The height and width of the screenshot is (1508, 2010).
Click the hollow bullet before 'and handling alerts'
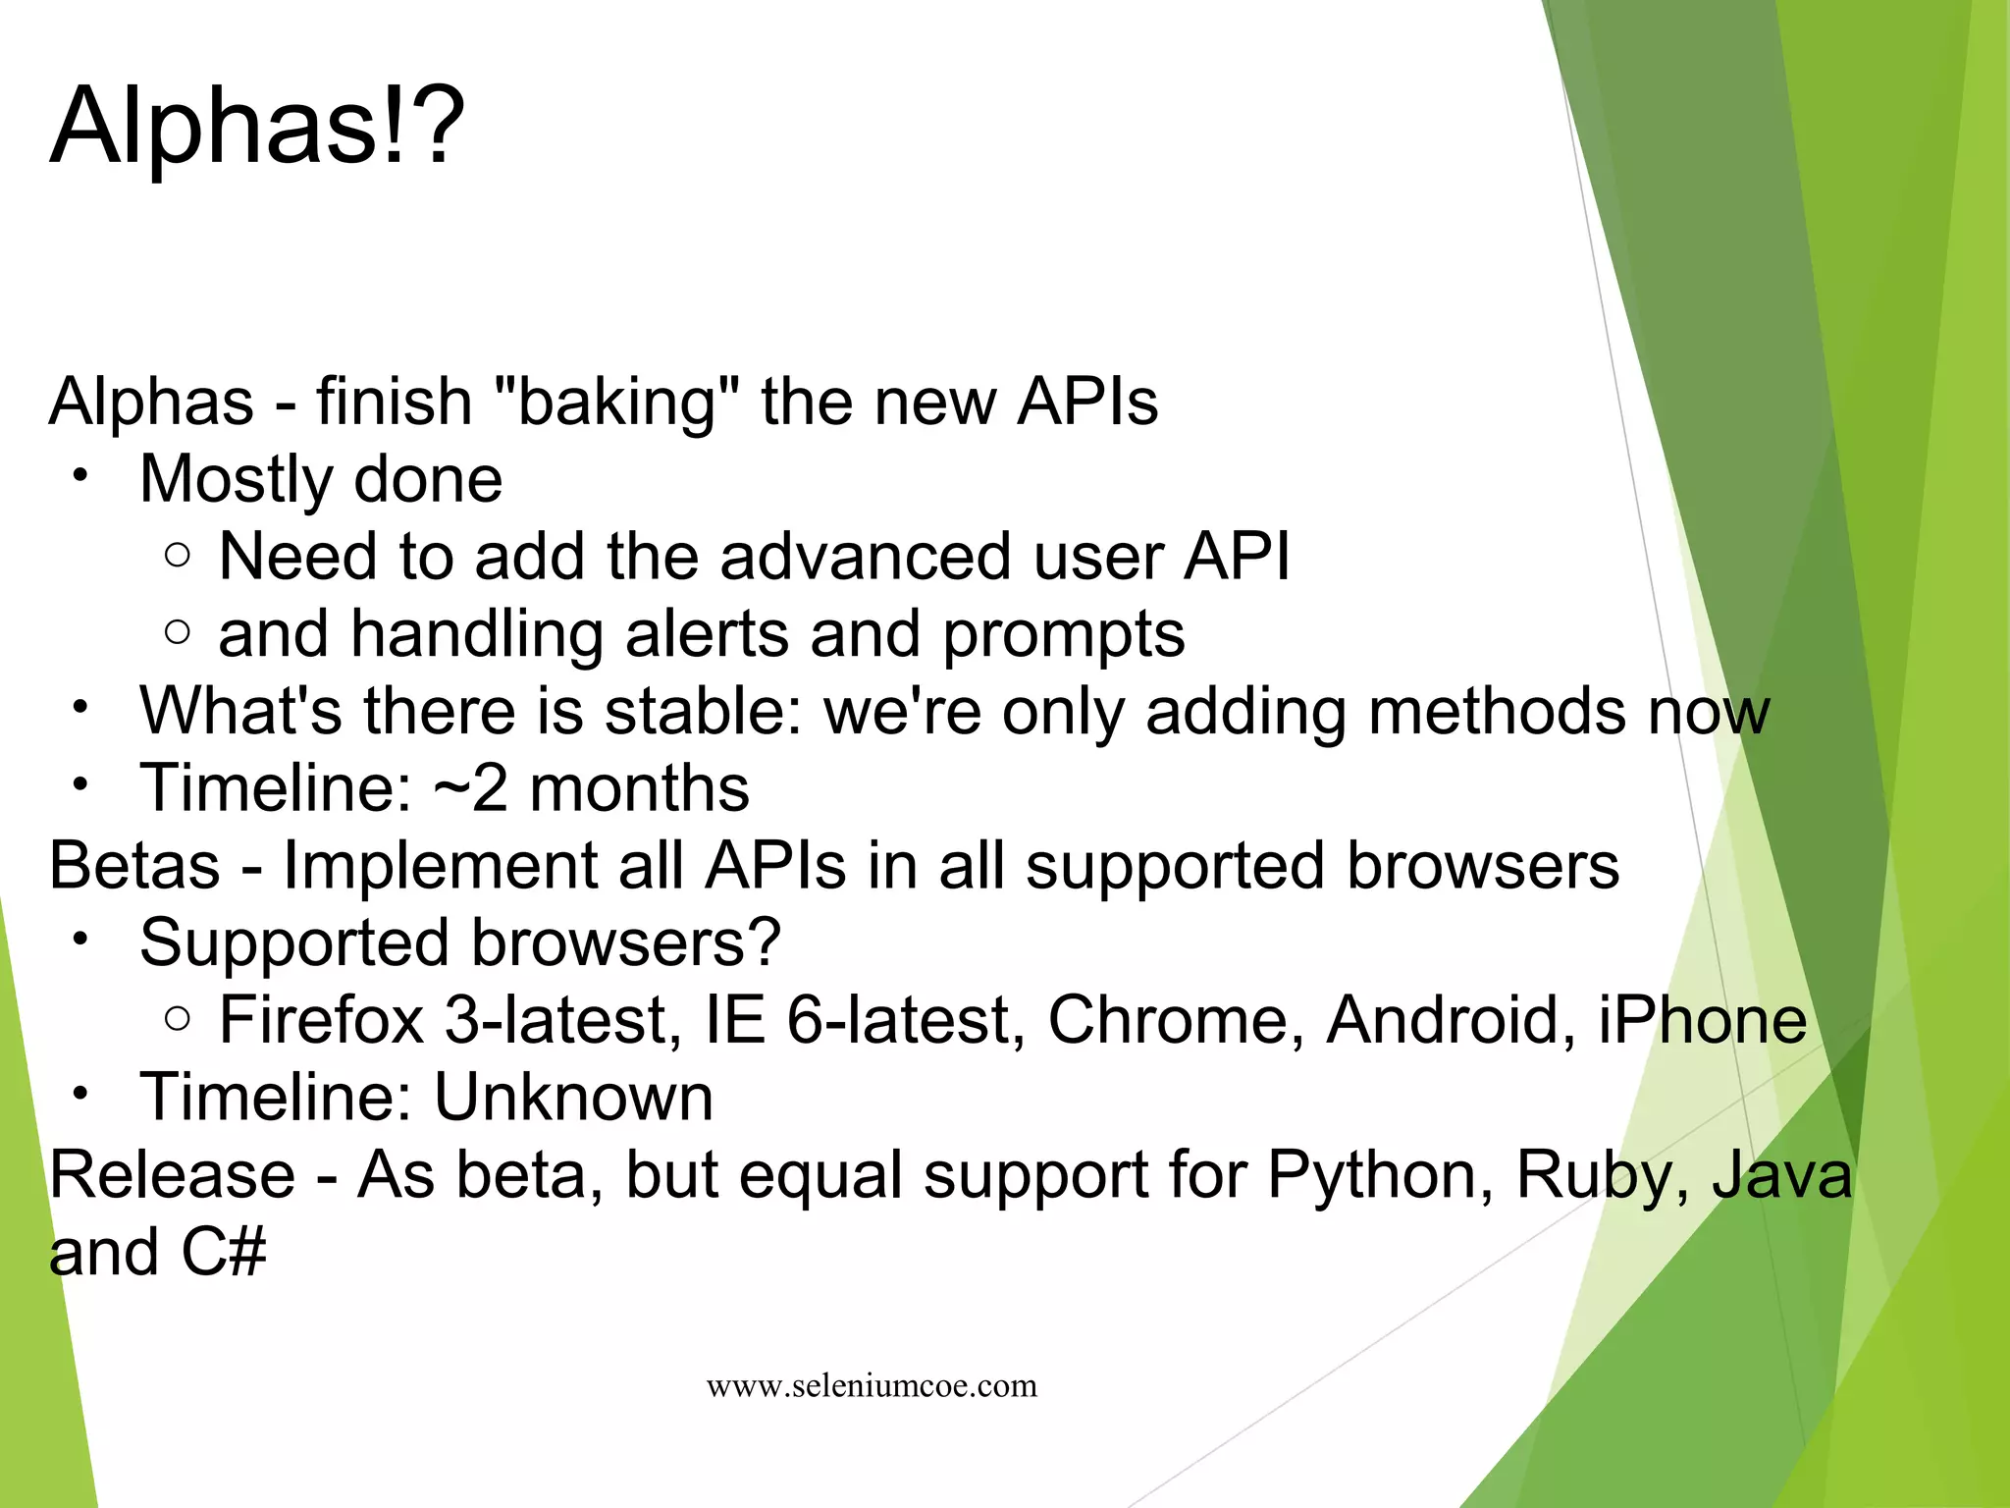click(x=178, y=633)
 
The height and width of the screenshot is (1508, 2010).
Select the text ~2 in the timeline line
click(x=470, y=787)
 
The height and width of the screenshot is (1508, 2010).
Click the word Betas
click(x=134, y=865)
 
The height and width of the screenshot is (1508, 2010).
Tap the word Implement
click(x=440, y=865)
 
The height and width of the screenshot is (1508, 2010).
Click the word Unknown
click(x=573, y=1097)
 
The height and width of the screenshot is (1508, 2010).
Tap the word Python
click(x=1380, y=1175)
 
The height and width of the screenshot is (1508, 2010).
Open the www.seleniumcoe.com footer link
click(x=872, y=1385)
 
